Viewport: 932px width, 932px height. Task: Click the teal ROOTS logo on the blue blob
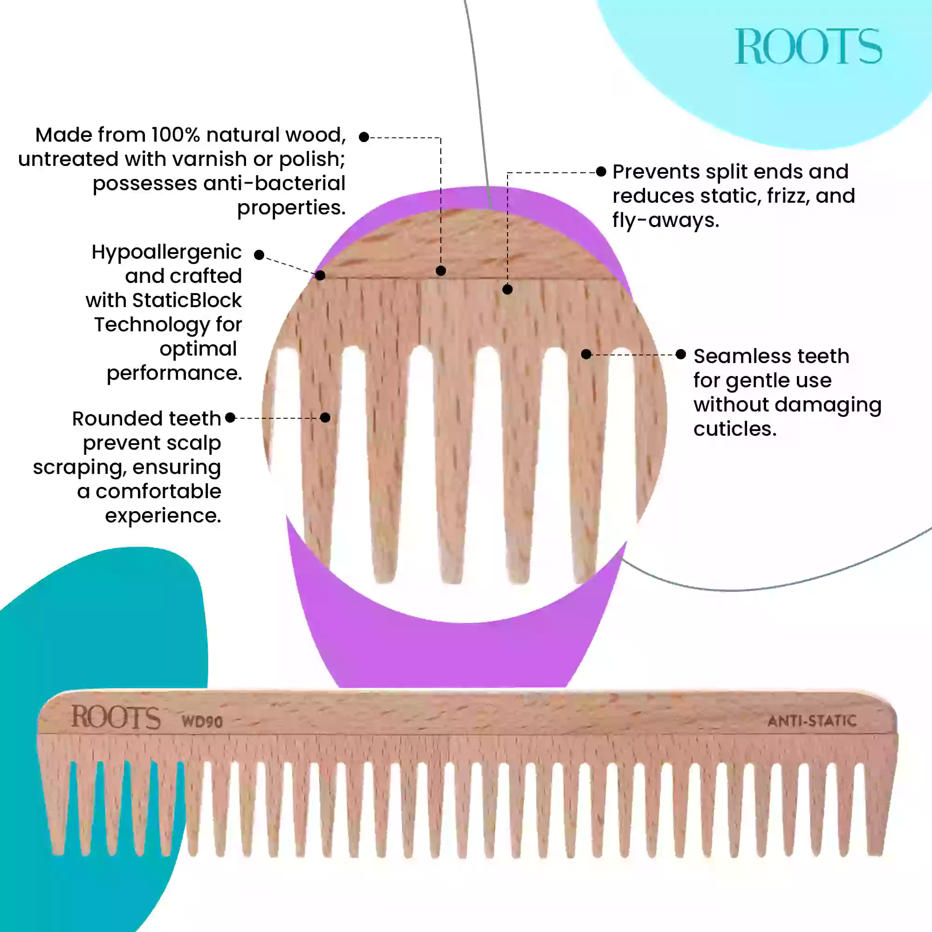808,46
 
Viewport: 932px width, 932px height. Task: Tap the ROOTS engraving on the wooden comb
116,717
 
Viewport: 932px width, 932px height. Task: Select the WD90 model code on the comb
202,722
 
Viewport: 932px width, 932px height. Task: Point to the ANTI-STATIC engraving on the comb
812,721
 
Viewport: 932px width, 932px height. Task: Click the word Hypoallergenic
166,252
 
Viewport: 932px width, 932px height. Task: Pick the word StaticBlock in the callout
187,301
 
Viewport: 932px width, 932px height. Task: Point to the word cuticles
735,429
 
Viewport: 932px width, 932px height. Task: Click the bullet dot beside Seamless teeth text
681,355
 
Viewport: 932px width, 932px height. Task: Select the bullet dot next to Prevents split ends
601,172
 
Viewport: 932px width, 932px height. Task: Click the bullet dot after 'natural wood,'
364,137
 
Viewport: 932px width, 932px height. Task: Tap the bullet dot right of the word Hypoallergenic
259,255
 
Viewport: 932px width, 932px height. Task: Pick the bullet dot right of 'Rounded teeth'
231,418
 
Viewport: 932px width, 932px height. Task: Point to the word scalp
193,443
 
